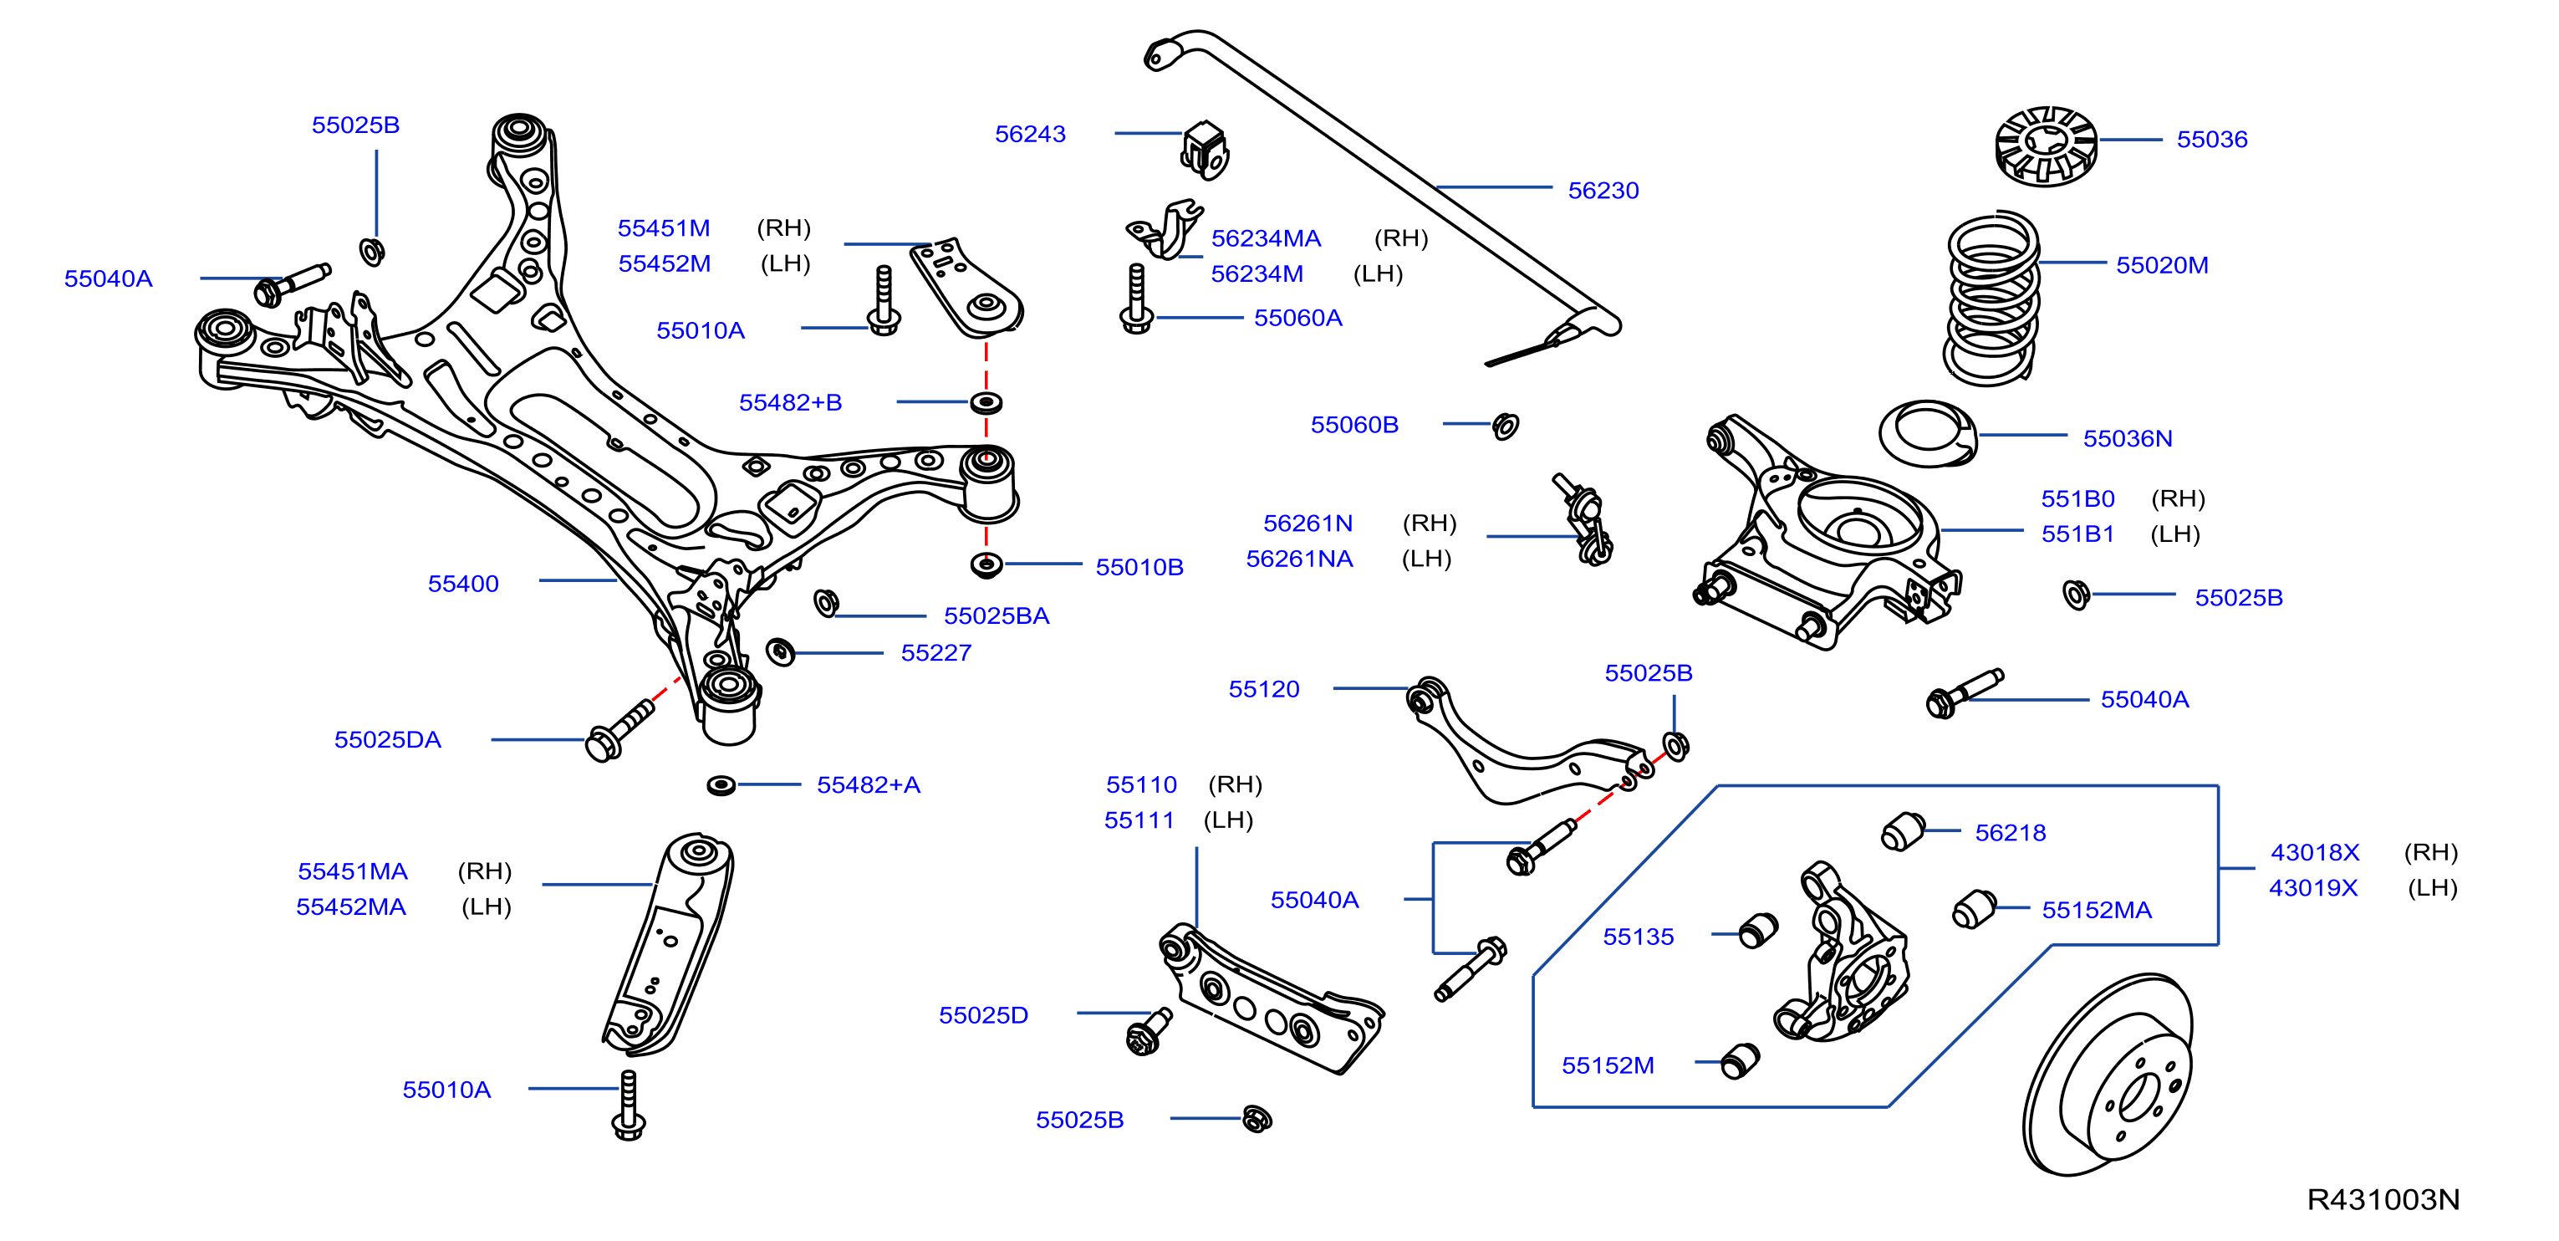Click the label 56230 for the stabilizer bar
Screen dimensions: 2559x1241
coord(1603,190)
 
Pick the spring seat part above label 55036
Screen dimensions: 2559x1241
coord(2047,146)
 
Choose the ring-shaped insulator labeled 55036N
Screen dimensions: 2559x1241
coord(1928,433)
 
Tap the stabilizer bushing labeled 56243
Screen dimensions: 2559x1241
coord(1205,150)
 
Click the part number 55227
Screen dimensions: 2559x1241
coord(935,653)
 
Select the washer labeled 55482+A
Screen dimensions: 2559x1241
coord(721,785)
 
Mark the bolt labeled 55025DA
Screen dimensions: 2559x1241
coord(619,730)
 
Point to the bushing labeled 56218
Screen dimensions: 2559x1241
coord(1903,830)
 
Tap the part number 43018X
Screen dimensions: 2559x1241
coord(2315,851)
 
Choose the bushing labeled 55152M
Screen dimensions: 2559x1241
coord(1741,1061)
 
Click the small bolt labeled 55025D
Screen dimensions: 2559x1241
coord(1150,1031)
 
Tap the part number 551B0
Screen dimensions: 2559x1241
coord(2077,498)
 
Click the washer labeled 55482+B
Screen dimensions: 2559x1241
coord(986,402)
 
